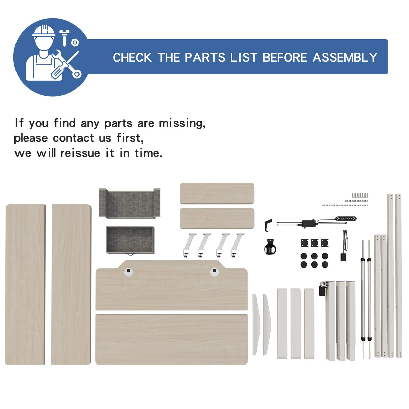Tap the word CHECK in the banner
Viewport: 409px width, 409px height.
[x=132, y=57]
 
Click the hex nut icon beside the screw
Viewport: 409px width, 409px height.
[x=75, y=43]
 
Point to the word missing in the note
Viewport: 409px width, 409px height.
[x=182, y=123]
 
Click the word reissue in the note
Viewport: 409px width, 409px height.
[x=80, y=153]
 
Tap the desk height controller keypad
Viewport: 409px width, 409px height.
[x=346, y=218]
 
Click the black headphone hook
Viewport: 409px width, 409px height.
[x=268, y=225]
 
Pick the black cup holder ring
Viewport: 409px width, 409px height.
[x=270, y=247]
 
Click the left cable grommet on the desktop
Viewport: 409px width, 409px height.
[x=128, y=272]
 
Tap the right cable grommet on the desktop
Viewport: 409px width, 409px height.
[x=214, y=272]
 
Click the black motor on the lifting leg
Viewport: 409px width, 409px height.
[x=323, y=289]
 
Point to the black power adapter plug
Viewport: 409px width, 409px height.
[x=343, y=257]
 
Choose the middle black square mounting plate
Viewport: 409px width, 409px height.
[x=314, y=243]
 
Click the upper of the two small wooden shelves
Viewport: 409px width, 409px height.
[x=217, y=193]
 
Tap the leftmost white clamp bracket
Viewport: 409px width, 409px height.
[x=189, y=245]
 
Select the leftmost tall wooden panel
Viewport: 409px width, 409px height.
[x=25, y=285]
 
